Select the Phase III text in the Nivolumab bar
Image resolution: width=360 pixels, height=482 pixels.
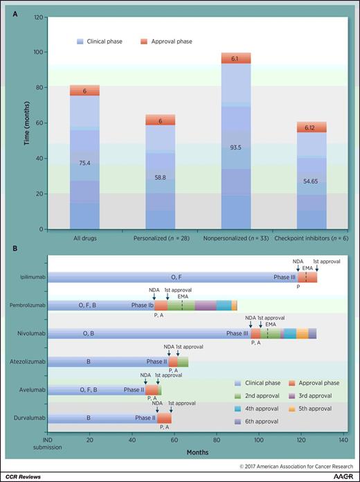click(x=237, y=333)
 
